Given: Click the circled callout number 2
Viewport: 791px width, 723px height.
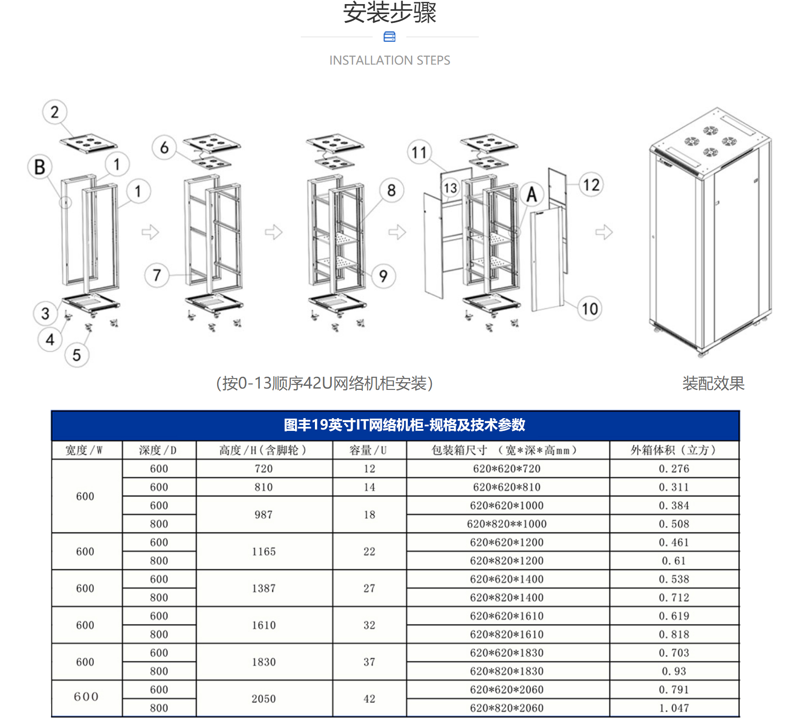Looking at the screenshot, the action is tap(55, 112).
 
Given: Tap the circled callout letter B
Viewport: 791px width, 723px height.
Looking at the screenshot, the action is tap(40, 167).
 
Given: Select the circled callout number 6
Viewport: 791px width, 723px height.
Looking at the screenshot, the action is tap(164, 147).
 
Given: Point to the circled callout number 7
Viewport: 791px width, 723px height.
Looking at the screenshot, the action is tap(157, 275).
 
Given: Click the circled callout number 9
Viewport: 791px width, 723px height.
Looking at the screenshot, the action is tap(383, 276).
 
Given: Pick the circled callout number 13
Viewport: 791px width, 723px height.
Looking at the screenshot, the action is tap(451, 188).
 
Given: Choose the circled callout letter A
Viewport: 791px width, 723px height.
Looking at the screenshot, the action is tap(532, 194).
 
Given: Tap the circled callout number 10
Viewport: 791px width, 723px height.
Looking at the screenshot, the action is tap(590, 308).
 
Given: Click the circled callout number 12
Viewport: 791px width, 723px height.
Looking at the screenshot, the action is tap(591, 184).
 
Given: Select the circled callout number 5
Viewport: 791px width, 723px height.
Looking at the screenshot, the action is tap(76, 355).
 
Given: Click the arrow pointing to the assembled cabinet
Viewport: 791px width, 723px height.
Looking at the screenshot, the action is tap(604, 232).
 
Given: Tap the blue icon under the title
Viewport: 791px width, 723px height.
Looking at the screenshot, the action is tap(390, 37).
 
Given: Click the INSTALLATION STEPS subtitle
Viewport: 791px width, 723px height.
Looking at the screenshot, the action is tap(390, 60).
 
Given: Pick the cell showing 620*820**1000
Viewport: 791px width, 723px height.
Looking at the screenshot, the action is tap(507, 524).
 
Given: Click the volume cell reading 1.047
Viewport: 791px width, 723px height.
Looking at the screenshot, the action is tap(674, 708).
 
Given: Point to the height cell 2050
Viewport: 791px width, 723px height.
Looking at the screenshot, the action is tap(264, 699).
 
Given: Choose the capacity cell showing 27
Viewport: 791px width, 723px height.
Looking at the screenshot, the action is tap(370, 588).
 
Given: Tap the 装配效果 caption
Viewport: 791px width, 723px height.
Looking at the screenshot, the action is tap(713, 383).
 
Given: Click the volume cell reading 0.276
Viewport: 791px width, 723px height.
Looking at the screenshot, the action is tap(674, 469).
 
